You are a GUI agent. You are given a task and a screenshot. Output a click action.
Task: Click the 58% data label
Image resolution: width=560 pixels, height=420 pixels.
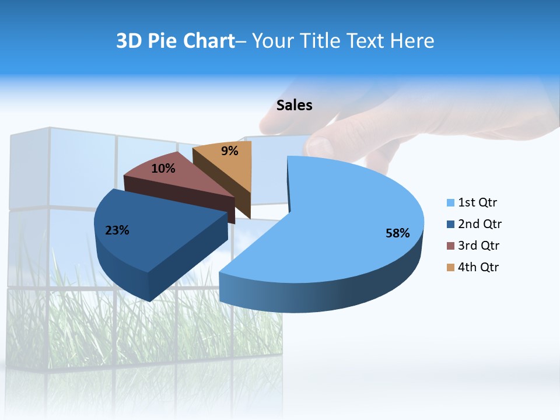coord(397,233)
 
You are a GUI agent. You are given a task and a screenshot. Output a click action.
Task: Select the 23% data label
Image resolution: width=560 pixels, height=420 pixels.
coord(117,230)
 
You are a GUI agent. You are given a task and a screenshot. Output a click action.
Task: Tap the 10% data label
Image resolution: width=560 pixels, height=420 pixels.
coord(163,169)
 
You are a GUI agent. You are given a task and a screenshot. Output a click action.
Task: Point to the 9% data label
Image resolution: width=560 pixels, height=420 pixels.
coord(230,151)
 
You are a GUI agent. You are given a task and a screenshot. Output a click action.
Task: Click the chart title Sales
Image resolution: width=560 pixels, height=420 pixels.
coord(294,105)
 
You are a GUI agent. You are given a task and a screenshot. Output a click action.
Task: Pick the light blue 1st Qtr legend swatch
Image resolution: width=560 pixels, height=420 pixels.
coord(450,203)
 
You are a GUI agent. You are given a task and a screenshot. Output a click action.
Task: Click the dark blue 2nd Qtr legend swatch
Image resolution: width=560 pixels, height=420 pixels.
coord(450,224)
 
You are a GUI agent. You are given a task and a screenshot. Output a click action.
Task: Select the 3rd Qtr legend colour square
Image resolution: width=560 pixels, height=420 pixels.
coord(450,246)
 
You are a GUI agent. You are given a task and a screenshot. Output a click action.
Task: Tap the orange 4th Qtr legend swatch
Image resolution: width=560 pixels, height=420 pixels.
coord(450,267)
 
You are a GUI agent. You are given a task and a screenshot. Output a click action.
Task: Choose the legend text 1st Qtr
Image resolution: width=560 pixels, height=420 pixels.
coord(478,203)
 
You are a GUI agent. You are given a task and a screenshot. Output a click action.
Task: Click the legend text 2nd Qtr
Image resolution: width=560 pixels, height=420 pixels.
coord(480,224)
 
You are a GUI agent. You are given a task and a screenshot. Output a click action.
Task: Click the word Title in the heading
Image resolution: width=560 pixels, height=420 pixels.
coord(319,41)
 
